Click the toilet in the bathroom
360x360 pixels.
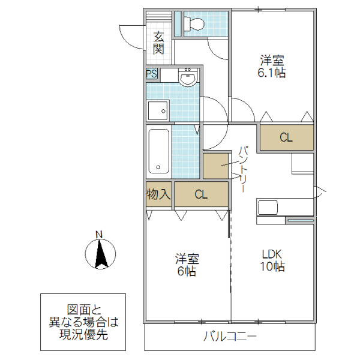(195, 24)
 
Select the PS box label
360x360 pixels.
(152, 74)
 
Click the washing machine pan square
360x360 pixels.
(158, 111)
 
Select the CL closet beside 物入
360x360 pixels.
(201, 194)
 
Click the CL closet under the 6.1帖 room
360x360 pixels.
(286, 137)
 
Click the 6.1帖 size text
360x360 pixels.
(271, 73)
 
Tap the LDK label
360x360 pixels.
(271, 253)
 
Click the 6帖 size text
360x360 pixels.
(187, 271)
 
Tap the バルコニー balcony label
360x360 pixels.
(230, 337)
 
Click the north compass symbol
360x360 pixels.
(100, 253)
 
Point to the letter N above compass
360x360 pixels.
(100, 234)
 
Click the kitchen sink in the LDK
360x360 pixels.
(268, 208)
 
